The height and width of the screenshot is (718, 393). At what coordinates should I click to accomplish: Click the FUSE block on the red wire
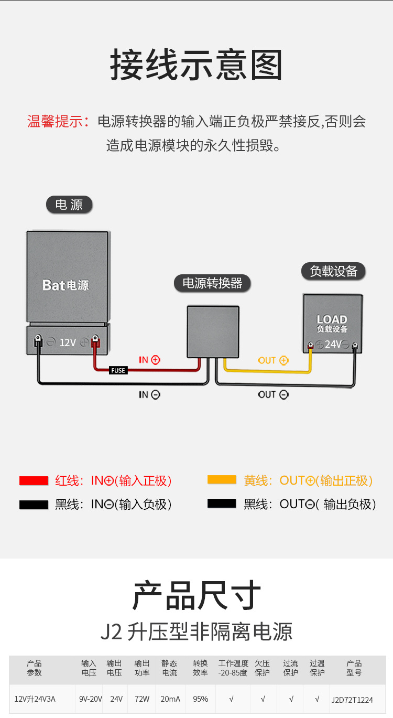point(118,371)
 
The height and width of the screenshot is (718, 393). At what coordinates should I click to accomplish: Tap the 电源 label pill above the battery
point(69,205)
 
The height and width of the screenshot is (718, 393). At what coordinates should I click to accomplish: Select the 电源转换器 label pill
point(212,283)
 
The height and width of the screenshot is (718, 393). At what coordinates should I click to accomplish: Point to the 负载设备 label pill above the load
point(333,271)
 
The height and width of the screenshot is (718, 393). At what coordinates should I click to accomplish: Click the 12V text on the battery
point(68,342)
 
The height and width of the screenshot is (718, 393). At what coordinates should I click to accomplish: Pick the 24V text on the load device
point(333,345)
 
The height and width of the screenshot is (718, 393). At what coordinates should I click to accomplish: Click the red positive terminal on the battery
point(96,341)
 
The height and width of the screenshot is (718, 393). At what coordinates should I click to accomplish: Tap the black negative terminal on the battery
point(38,341)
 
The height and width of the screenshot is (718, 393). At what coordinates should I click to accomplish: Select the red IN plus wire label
point(149,360)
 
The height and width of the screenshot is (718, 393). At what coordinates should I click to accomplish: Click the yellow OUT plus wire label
point(273,360)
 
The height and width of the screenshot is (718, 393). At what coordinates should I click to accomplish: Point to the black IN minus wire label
point(149,394)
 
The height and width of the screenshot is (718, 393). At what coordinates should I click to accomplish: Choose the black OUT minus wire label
point(273,394)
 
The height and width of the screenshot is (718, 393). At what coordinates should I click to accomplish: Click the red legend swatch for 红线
point(34,480)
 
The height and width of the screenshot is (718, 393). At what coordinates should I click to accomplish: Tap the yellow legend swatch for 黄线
point(222,480)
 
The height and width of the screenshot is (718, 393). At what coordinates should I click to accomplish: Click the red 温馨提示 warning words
point(58,122)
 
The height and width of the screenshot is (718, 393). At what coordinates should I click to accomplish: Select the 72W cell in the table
point(142,699)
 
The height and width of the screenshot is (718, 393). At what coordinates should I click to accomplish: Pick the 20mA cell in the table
point(170,699)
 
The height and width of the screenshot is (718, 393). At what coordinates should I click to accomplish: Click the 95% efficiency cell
point(200,699)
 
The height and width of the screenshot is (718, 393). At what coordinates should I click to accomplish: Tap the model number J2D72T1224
point(352,700)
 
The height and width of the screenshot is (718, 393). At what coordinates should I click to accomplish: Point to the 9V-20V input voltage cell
point(91,699)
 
